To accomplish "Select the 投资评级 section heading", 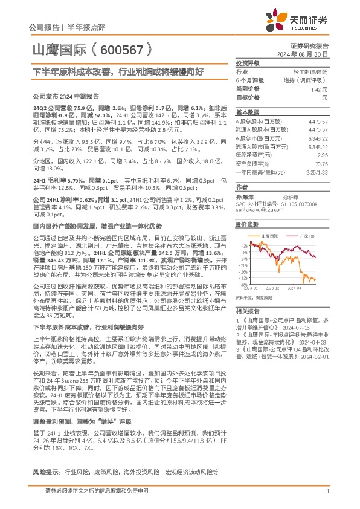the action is pos(247,63).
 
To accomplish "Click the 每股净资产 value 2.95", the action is pos(323,155).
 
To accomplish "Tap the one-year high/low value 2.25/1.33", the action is pos(317,172).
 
